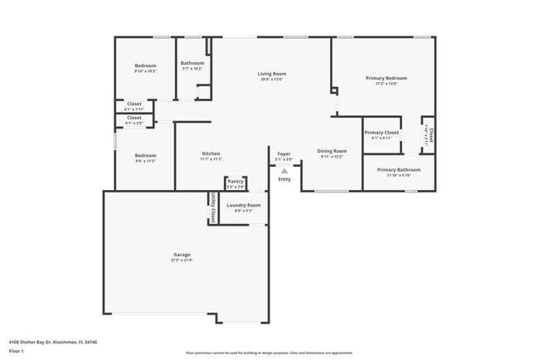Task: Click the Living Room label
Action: point(271,74)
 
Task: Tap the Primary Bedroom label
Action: point(386,78)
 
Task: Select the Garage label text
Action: point(182,255)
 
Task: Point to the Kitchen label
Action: point(211,153)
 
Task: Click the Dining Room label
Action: point(332,151)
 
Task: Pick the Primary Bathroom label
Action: point(399,169)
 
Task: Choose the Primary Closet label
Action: point(381,132)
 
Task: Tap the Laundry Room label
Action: point(244,205)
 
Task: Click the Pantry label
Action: point(236,181)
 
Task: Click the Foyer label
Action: point(284,153)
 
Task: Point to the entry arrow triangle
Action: point(284,171)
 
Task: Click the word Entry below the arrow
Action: point(284,179)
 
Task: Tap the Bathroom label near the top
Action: point(192,63)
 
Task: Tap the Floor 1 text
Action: point(17,352)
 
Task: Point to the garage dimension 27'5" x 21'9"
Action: point(182,260)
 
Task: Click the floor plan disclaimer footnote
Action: point(269,353)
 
